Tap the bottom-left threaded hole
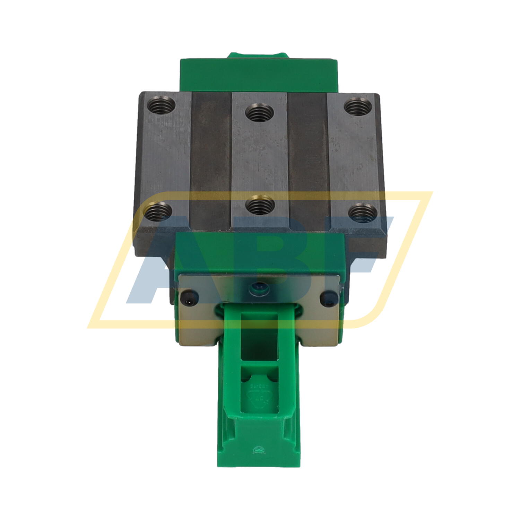pos(157,211)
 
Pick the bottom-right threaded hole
pos(362,212)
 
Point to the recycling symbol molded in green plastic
pos(259,399)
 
